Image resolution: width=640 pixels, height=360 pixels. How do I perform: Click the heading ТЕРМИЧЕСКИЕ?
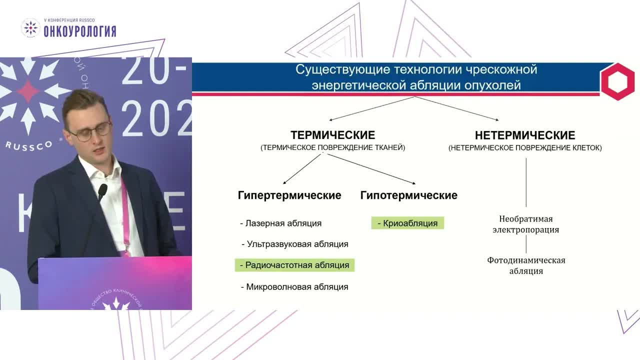(332, 135)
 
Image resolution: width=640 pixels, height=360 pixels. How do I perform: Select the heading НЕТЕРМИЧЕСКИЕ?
(525, 135)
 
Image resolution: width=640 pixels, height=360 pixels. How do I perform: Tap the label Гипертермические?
(289, 195)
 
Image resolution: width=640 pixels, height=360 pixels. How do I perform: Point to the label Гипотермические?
(408, 195)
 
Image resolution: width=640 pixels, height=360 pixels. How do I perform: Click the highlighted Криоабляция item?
(407, 223)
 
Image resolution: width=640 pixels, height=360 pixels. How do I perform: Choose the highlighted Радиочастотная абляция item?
(294, 265)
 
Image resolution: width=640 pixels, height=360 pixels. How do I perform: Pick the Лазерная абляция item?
(281, 223)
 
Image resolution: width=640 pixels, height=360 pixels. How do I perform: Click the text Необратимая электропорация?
(525, 224)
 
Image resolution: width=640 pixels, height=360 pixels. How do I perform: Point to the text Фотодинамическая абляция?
(526, 265)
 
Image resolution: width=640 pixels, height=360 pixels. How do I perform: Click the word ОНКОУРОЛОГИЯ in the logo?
(80, 31)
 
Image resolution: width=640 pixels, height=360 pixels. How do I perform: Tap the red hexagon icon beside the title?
(617, 81)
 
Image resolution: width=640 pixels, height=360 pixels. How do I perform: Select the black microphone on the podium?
(102, 191)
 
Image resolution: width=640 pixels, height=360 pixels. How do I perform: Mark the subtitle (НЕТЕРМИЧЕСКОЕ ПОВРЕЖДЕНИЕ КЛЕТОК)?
(525, 148)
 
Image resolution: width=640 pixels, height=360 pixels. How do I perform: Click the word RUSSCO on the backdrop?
(29, 145)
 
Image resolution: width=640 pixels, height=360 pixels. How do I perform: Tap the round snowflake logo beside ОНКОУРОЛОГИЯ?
(30, 28)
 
